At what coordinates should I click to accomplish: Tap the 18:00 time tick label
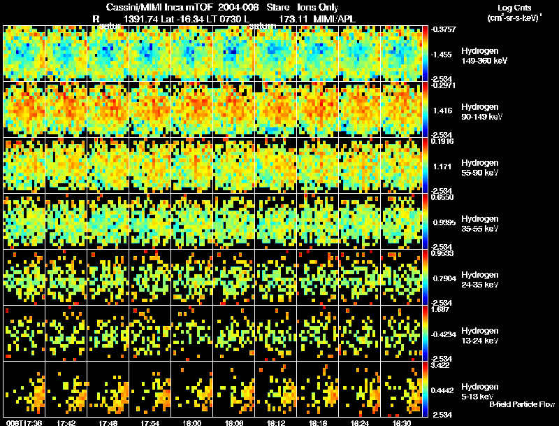pyautogui.click(x=193, y=422)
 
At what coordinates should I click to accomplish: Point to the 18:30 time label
pyautogui.click(x=402, y=422)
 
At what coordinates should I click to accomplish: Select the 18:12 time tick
pyautogui.click(x=276, y=422)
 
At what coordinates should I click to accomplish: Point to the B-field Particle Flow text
pyautogui.click(x=521, y=405)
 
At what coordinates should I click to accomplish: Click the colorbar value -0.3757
pyautogui.click(x=444, y=29)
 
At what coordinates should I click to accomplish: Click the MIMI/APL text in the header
pyautogui.click(x=335, y=19)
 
